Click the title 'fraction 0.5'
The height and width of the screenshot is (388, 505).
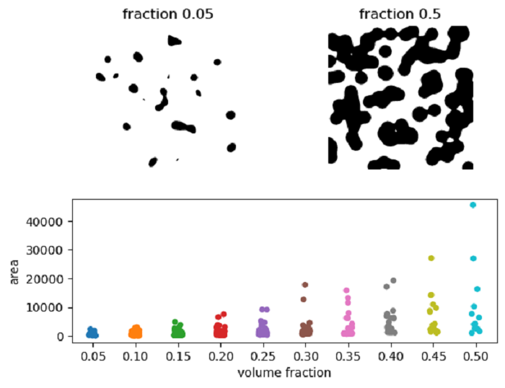coord(401,14)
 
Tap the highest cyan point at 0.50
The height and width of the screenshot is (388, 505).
coord(473,205)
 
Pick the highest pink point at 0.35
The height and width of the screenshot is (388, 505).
coord(346,291)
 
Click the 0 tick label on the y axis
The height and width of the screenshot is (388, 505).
coord(61,337)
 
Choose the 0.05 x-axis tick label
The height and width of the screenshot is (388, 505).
coord(92,356)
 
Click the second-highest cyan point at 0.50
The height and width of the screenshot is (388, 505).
coord(474,258)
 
